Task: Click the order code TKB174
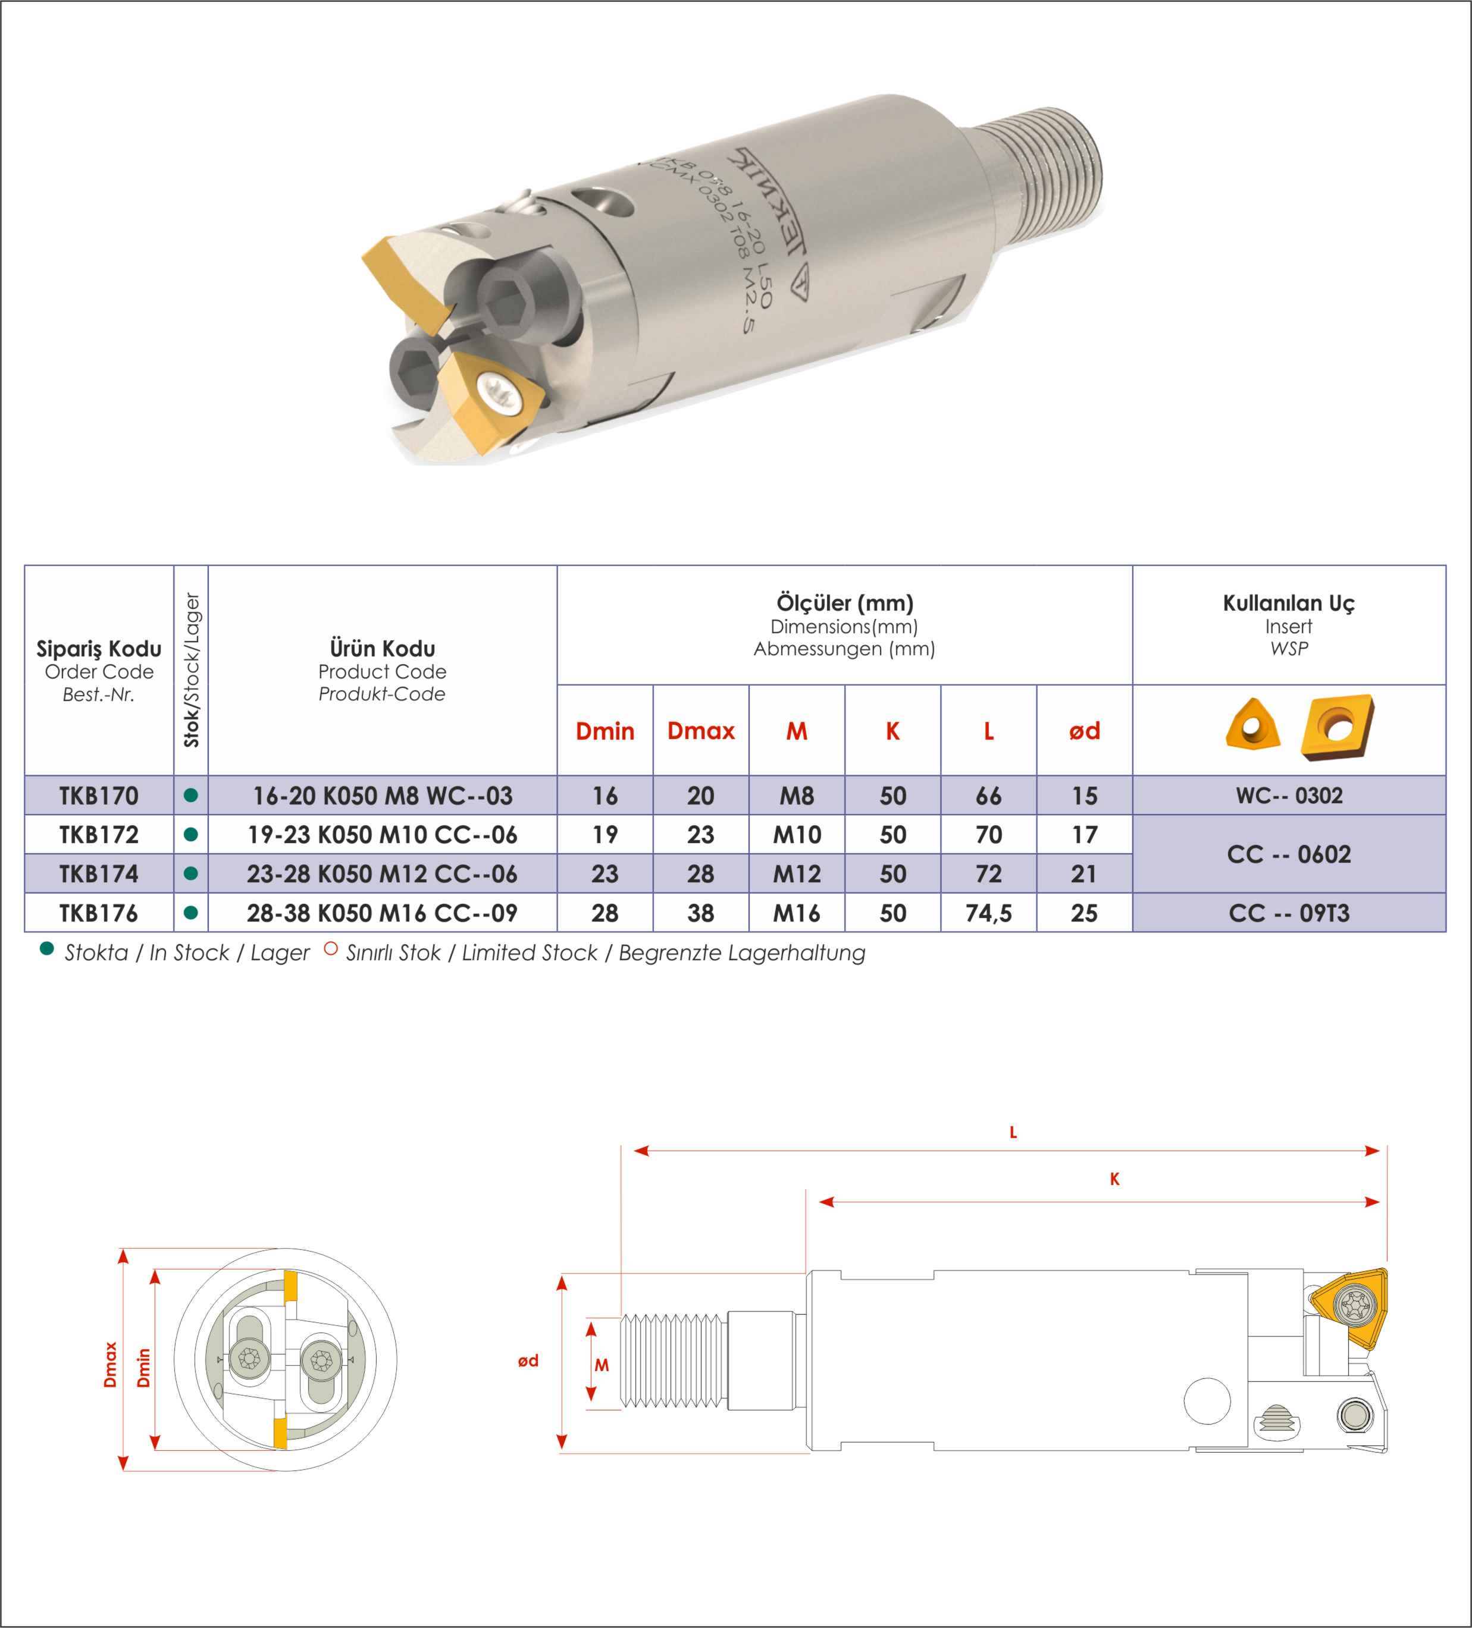tap(99, 874)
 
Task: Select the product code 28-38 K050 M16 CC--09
tap(382, 913)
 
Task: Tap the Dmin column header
tap(605, 731)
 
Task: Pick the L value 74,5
tap(989, 913)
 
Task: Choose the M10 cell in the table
tap(797, 835)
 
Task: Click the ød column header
tap(1084, 731)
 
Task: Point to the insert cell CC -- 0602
tap(1289, 854)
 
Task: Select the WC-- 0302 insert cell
tap(1289, 796)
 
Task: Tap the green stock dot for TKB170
tap(190, 796)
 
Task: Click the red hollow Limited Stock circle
tap(330, 949)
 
